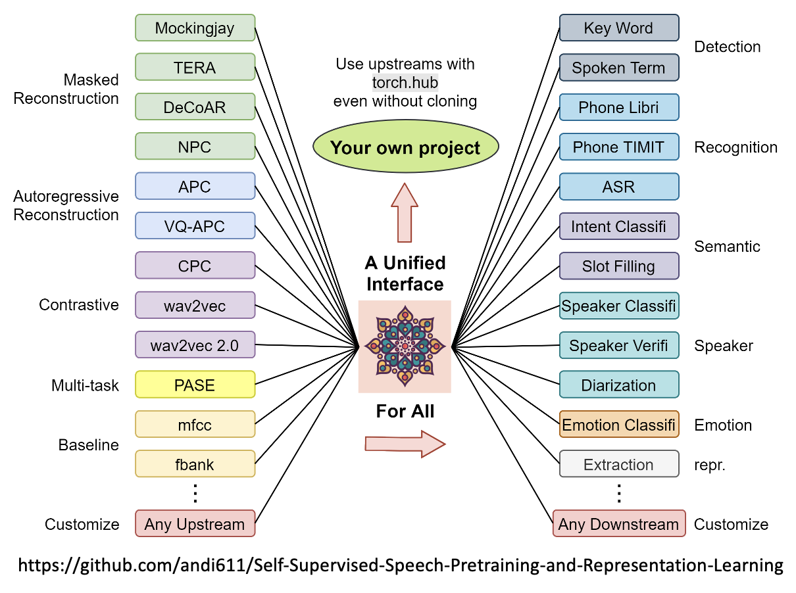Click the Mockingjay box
click(195, 28)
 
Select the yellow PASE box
click(195, 385)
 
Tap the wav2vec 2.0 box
click(195, 345)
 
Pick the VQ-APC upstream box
click(195, 226)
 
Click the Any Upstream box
click(195, 524)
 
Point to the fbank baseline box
click(195, 464)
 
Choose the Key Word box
click(618, 28)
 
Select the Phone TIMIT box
click(618, 147)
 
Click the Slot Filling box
click(618, 266)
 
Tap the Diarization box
click(618, 385)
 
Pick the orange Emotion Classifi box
click(618, 425)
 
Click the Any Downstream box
click(618, 524)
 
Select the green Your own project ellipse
click(405, 148)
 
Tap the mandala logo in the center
click(405, 346)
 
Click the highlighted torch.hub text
click(405, 83)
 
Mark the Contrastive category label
click(79, 305)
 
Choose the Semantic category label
click(727, 247)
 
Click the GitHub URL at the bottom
click(400, 565)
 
